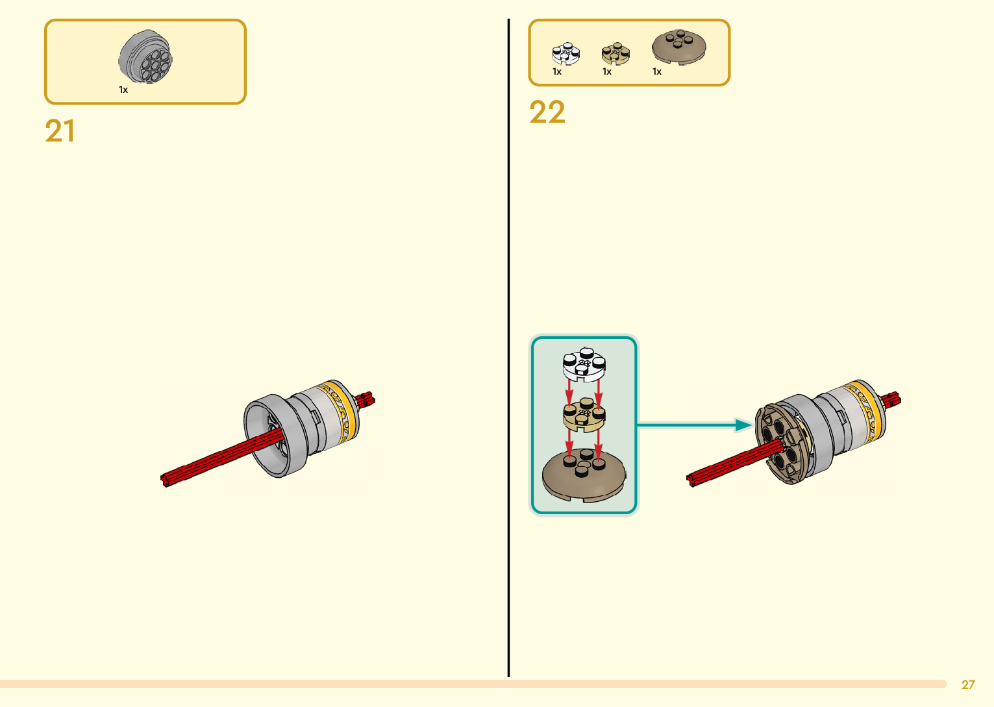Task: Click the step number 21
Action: pyautogui.click(x=60, y=131)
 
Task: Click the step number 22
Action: pyautogui.click(x=547, y=112)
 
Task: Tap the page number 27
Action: pyautogui.click(x=968, y=684)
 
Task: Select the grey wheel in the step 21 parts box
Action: pyautogui.click(x=145, y=57)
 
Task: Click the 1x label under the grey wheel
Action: pyautogui.click(x=123, y=90)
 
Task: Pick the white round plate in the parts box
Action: pyautogui.click(x=565, y=54)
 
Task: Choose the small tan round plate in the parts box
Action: pyautogui.click(x=615, y=54)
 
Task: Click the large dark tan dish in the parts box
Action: pyautogui.click(x=678, y=47)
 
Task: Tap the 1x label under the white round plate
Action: pyautogui.click(x=557, y=71)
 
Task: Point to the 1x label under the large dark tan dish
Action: pyautogui.click(x=657, y=71)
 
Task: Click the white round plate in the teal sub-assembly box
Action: pyautogui.click(x=584, y=364)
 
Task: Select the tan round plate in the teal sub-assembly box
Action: pyautogui.click(x=584, y=416)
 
